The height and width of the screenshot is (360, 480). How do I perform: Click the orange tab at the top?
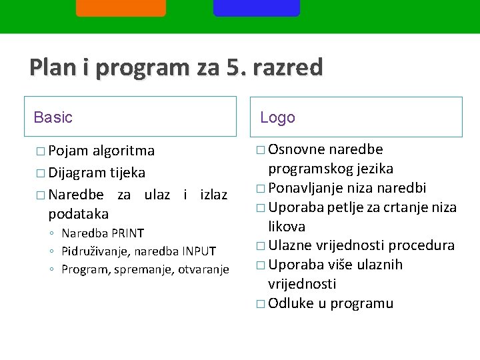(121, 7)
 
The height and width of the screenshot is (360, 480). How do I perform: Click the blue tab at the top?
(257, 7)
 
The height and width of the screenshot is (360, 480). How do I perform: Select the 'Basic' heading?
(53, 118)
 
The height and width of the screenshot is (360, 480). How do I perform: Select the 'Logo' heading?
(277, 118)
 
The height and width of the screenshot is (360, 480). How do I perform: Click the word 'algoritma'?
(124, 151)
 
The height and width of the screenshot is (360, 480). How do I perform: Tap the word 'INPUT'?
(198, 251)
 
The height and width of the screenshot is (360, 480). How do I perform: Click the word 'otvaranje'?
(204, 269)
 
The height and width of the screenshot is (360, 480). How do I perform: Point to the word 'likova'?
(287, 226)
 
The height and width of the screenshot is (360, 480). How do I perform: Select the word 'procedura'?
(422, 245)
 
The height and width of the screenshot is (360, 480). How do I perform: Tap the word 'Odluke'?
(290, 303)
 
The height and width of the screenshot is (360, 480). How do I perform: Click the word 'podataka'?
(78, 213)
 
